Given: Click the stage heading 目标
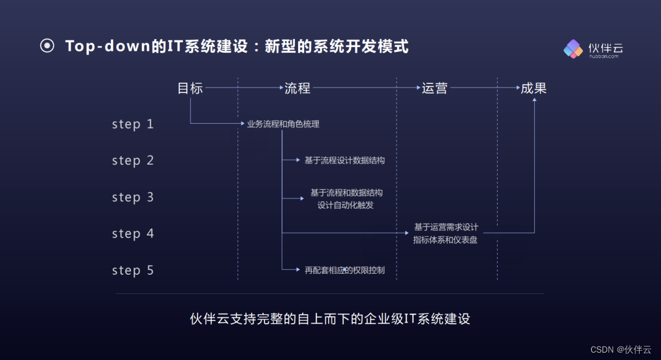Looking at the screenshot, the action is (x=190, y=88).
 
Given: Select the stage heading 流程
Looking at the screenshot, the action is (x=297, y=88).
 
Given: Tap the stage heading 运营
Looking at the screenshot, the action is (x=435, y=88).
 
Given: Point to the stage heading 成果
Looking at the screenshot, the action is (x=534, y=88).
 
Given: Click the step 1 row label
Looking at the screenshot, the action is (x=133, y=124).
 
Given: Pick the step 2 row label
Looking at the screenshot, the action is (x=133, y=161).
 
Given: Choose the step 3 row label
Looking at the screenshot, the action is (x=133, y=197).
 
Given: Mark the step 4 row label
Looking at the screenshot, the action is (x=133, y=234).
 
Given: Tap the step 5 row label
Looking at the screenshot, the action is (x=133, y=270).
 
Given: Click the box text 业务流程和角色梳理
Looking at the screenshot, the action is (x=283, y=124).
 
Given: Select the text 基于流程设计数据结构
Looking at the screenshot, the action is (x=345, y=160).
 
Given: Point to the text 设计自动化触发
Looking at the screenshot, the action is (x=346, y=205).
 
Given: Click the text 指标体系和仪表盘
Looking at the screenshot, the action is (x=445, y=240).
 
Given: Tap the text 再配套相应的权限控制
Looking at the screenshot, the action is (x=345, y=270).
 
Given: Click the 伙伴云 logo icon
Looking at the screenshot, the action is (x=573, y=48).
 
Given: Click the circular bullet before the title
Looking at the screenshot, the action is (x=47, y=46).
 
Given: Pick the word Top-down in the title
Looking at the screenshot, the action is (x=107, y=47).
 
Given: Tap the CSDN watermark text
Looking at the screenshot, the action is (x=603, y=349).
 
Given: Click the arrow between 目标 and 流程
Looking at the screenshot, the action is (x=244, y=88).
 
